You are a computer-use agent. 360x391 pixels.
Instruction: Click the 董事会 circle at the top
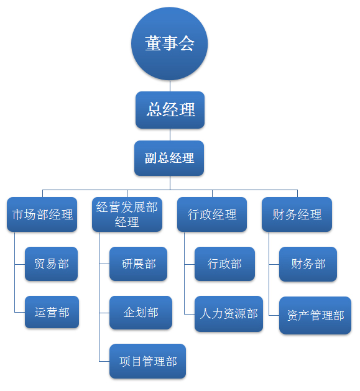click(x=170, y=44)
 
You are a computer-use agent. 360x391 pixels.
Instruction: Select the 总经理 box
click(x=170, y=110)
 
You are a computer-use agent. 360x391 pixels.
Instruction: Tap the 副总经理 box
click(x=169, y=158)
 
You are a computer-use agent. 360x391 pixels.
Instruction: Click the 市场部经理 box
click(x=42, y=214)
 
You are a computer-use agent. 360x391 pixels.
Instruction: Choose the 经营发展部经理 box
click(x=127, y=214)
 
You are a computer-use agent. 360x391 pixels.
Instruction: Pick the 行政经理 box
click(x=212, y=214)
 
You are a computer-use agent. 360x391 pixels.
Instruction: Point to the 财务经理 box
click(x=297, y=214)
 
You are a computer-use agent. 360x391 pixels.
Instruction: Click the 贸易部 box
click(x=51, y=264)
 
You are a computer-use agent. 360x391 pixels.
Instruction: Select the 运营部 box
click(x=52, y=312)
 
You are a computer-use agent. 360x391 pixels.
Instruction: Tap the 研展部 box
click(x=138, y=264)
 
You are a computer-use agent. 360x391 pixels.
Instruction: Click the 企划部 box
click(x=141, y=313)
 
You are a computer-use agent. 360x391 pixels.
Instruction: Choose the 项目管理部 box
click(x=148, y=361)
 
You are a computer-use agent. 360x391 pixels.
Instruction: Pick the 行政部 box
click(x=224, y=264)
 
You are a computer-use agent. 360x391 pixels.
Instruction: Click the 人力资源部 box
click(x=229, y=314)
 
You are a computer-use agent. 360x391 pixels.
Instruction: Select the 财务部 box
click(x=308, y=264)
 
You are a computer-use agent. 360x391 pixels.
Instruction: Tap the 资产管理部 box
click(x=315, y=315)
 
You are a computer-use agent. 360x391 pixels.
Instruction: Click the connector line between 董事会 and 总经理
click(x=170, y=86)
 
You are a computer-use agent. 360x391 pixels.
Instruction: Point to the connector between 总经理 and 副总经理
click(x=170, y=135)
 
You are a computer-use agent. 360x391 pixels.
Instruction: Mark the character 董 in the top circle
click(x=153, y=44)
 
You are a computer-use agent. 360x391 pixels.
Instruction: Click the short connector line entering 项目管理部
click(x=104, y=361)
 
